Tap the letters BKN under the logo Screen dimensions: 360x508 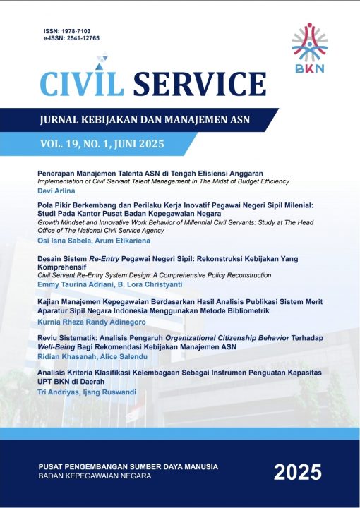point(310,70)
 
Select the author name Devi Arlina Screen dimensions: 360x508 point(56,190)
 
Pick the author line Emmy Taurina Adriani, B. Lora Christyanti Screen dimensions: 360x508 point(106,286)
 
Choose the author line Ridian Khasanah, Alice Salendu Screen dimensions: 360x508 point(87,357)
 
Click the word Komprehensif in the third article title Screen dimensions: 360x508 point(68,268)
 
